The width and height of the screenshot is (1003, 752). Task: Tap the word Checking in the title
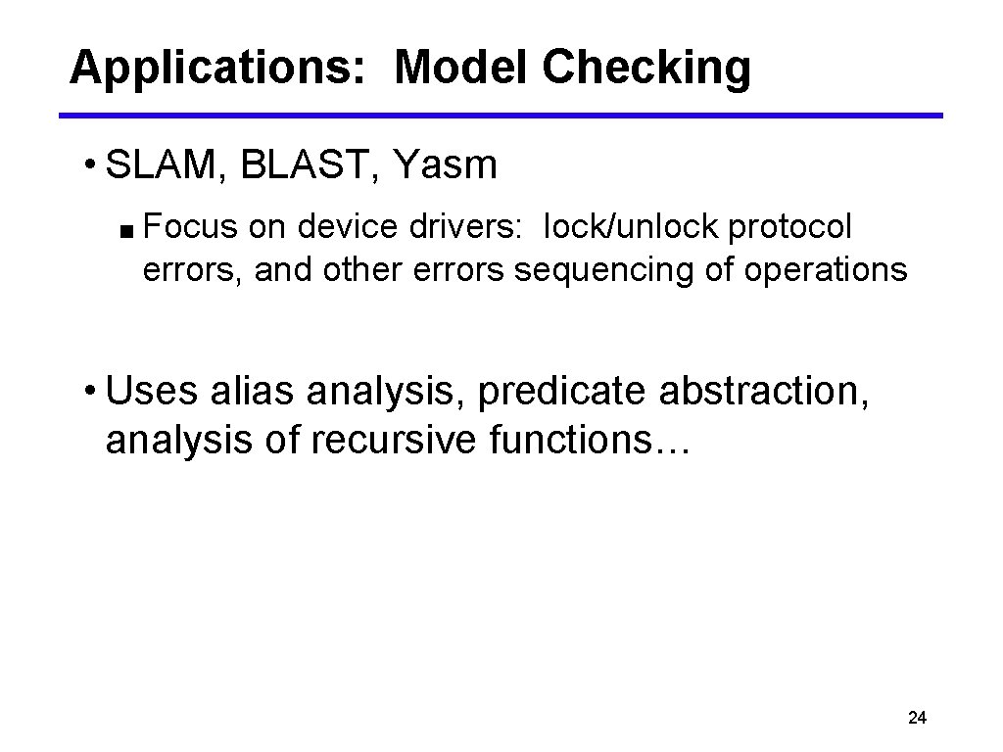[645, 69]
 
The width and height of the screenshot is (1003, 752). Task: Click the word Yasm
[445, 166]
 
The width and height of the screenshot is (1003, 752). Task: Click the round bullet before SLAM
[89, 164]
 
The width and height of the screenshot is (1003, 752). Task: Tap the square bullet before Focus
[128, 231]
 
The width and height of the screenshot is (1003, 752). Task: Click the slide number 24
[917, 719]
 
